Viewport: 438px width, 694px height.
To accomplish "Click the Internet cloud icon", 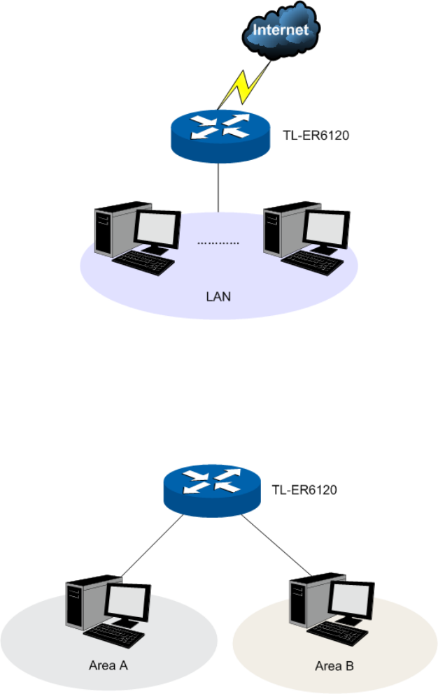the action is tap(281, 30).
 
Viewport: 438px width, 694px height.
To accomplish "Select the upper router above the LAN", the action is tap(220, 135).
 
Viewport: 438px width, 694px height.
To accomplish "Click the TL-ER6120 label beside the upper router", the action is tap(316, 135).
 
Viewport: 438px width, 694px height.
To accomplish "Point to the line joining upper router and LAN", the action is tap(218, 188).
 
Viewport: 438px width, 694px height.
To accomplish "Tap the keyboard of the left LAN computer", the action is tap(143, 263).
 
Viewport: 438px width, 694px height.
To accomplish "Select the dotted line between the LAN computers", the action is tap(218, 243).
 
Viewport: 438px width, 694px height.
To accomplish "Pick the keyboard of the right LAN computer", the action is tap(312, 263).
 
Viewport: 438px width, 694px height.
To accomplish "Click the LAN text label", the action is tap(218, 296).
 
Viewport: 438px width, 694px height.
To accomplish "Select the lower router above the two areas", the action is tap(212, 491).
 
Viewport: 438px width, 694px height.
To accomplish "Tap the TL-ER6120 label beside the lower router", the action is tap(304, 489).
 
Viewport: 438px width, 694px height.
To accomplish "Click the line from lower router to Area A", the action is tap(152, 546).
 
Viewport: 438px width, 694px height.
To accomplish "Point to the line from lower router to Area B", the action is tap(276, 545).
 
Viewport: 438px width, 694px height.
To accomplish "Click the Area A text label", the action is tap(108, 665).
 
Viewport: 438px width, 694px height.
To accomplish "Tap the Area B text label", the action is tap(334, 665).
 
